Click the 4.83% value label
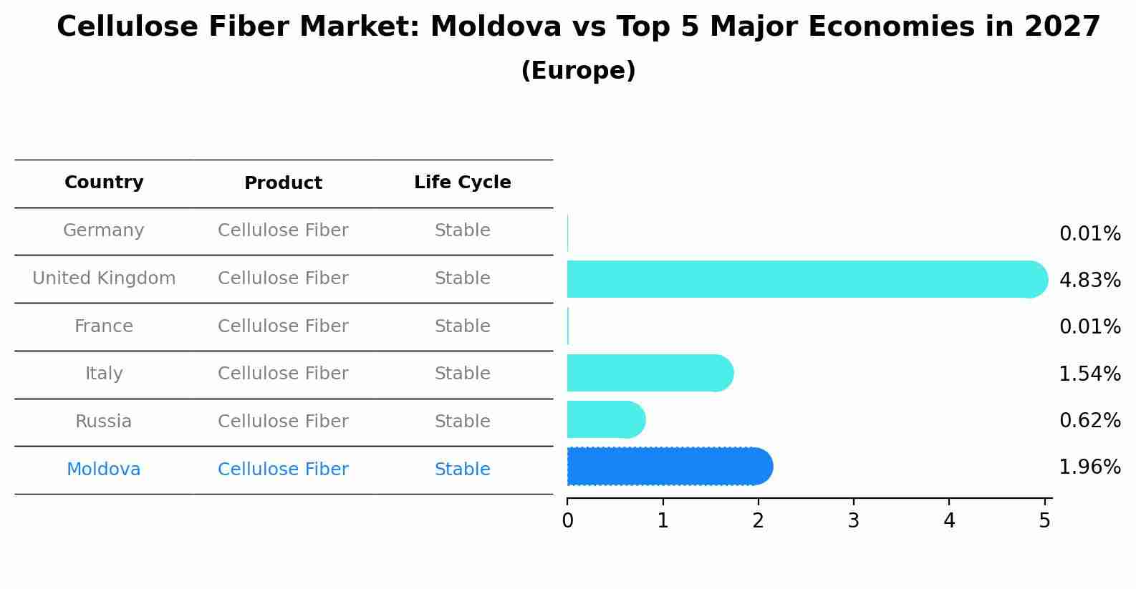click(x=1089, y=280)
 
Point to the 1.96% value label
click(x=1089, y=467)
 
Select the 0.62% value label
click(x=1089, y=420)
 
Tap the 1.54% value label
click(x=1089, y=374)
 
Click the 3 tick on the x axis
click(x=853, y=520)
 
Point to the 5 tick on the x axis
click(x=1044, y=520)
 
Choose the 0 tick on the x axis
click(x=567, y=520)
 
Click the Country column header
click(x=104, y=182)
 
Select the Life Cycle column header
click(x=462, y=182)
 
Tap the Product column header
click(x=283, y=183)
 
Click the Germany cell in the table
click(x=104, y=230)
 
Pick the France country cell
click(x=104, y=326)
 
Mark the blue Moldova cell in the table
click(x=104, y=469)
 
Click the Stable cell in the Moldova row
click(x=462, y=469)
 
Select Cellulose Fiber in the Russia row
click(x=283, y=422)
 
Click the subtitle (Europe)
click(x=578, y=71)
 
